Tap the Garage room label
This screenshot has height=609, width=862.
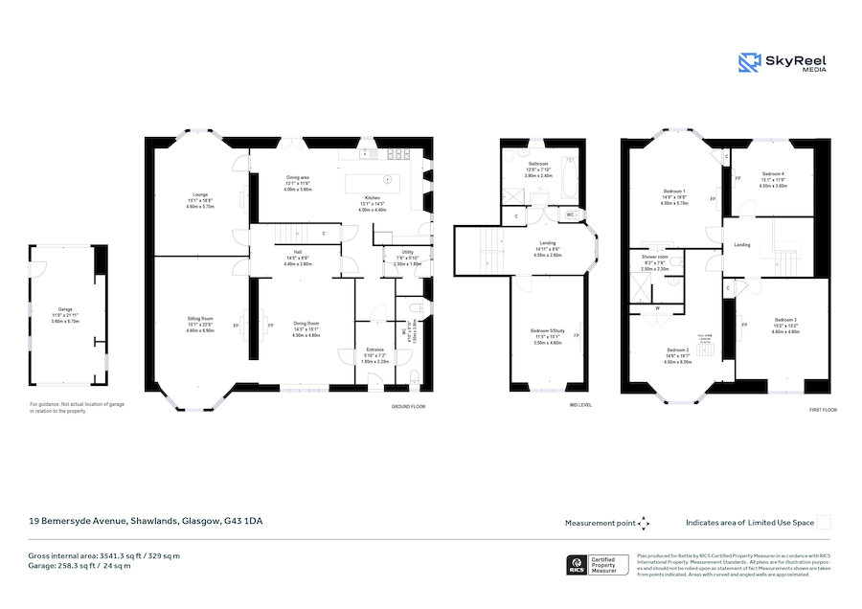(x=66, y=309)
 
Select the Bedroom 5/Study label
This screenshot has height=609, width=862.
(x=549, y=330)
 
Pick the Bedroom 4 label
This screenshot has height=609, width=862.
(x=772, y=173)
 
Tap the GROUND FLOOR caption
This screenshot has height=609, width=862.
(x=409, y=406)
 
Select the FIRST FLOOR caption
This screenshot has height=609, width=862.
(x=823, y=409)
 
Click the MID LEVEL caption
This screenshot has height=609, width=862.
(x=580, y=406)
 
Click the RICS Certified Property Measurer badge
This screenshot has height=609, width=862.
(x=600, y=565)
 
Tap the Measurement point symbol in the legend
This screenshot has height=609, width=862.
(x=644, y=523)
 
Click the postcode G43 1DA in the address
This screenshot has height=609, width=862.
(x=243, y=521)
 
